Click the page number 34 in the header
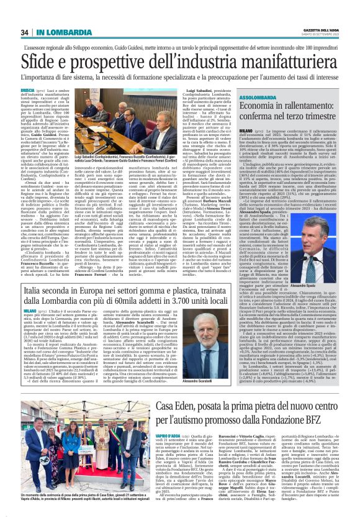click(25, 32)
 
